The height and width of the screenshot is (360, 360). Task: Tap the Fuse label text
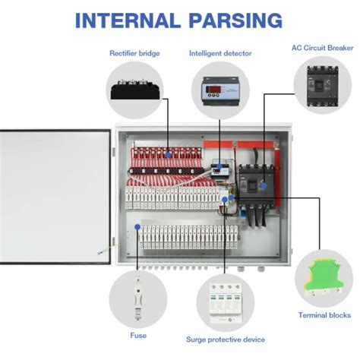click(x=138, y=334)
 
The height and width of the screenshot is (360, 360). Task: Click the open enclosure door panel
click(x=55, y=195)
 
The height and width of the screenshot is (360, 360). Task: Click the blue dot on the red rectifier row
click(x=167, y=153)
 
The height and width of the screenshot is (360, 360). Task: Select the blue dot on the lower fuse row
click(x=137, y=226)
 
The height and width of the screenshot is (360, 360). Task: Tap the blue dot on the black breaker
click(x=263, y=184)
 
